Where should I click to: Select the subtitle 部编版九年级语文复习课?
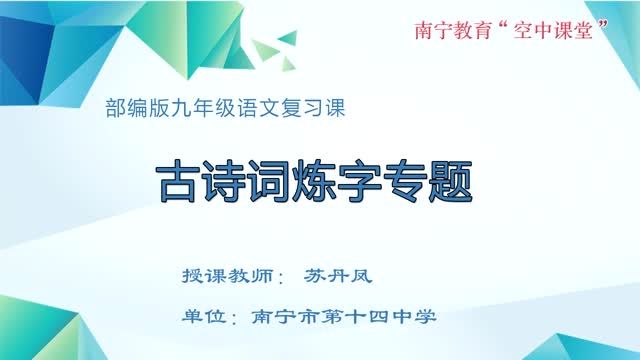(x=224, y=109)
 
